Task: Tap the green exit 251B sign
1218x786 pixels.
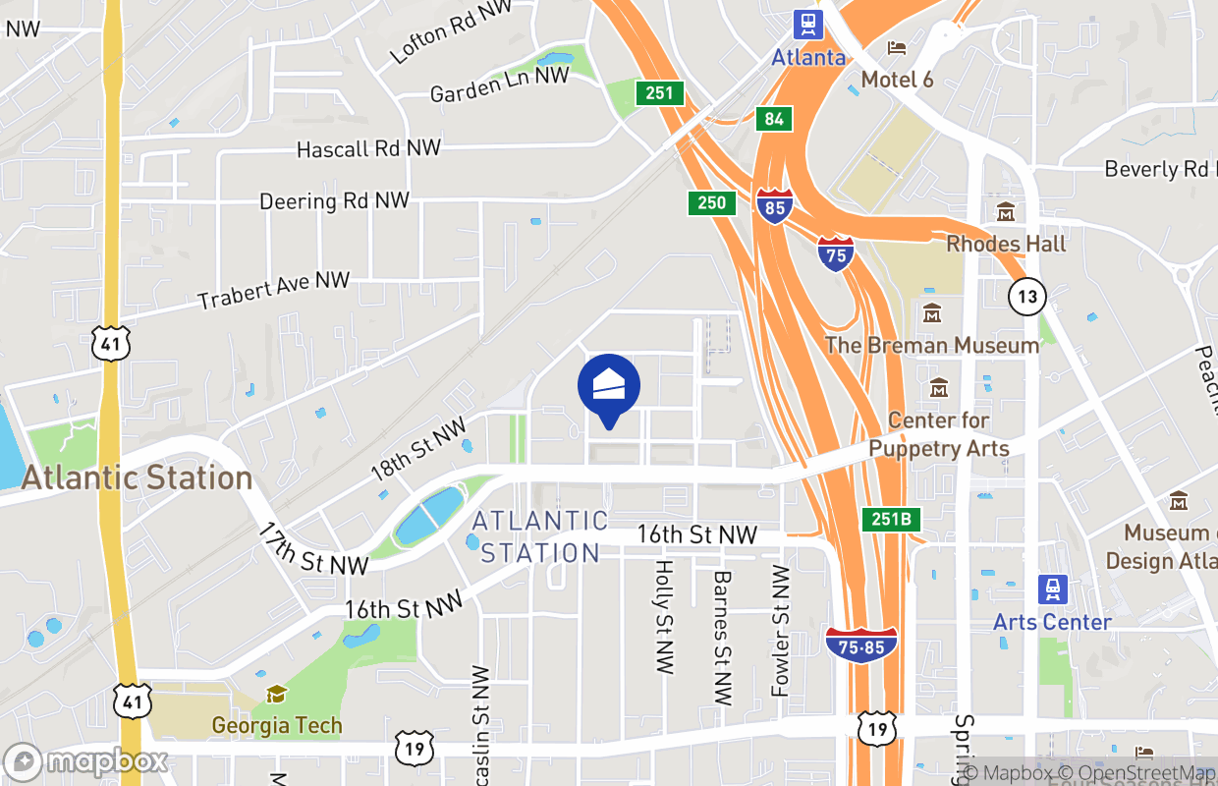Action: [x=893, y=519]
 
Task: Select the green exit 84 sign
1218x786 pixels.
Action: [x=774, y=119]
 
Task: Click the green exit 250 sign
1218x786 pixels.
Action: [x=711, y=203]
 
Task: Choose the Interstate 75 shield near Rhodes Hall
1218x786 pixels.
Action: [x=835, y=254]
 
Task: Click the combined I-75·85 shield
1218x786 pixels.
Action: [x=861, y=645]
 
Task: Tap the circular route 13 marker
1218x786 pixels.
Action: [x=1026, y=296]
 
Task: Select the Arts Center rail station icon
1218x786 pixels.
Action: [x=1052, y=590]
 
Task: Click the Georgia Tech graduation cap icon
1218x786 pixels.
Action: [x=277, y=695]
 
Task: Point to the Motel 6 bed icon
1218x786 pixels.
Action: [x=896, y=48]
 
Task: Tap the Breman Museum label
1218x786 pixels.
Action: [x=931, y=345]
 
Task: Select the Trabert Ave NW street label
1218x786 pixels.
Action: [x=273, y=290]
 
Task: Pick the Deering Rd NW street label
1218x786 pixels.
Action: [x=334, y=200]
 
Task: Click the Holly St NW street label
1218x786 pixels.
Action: [x=664, y=617]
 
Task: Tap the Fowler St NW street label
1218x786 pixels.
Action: [x=782, y=631]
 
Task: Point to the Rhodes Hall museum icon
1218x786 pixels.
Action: [x=1006, y=212]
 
